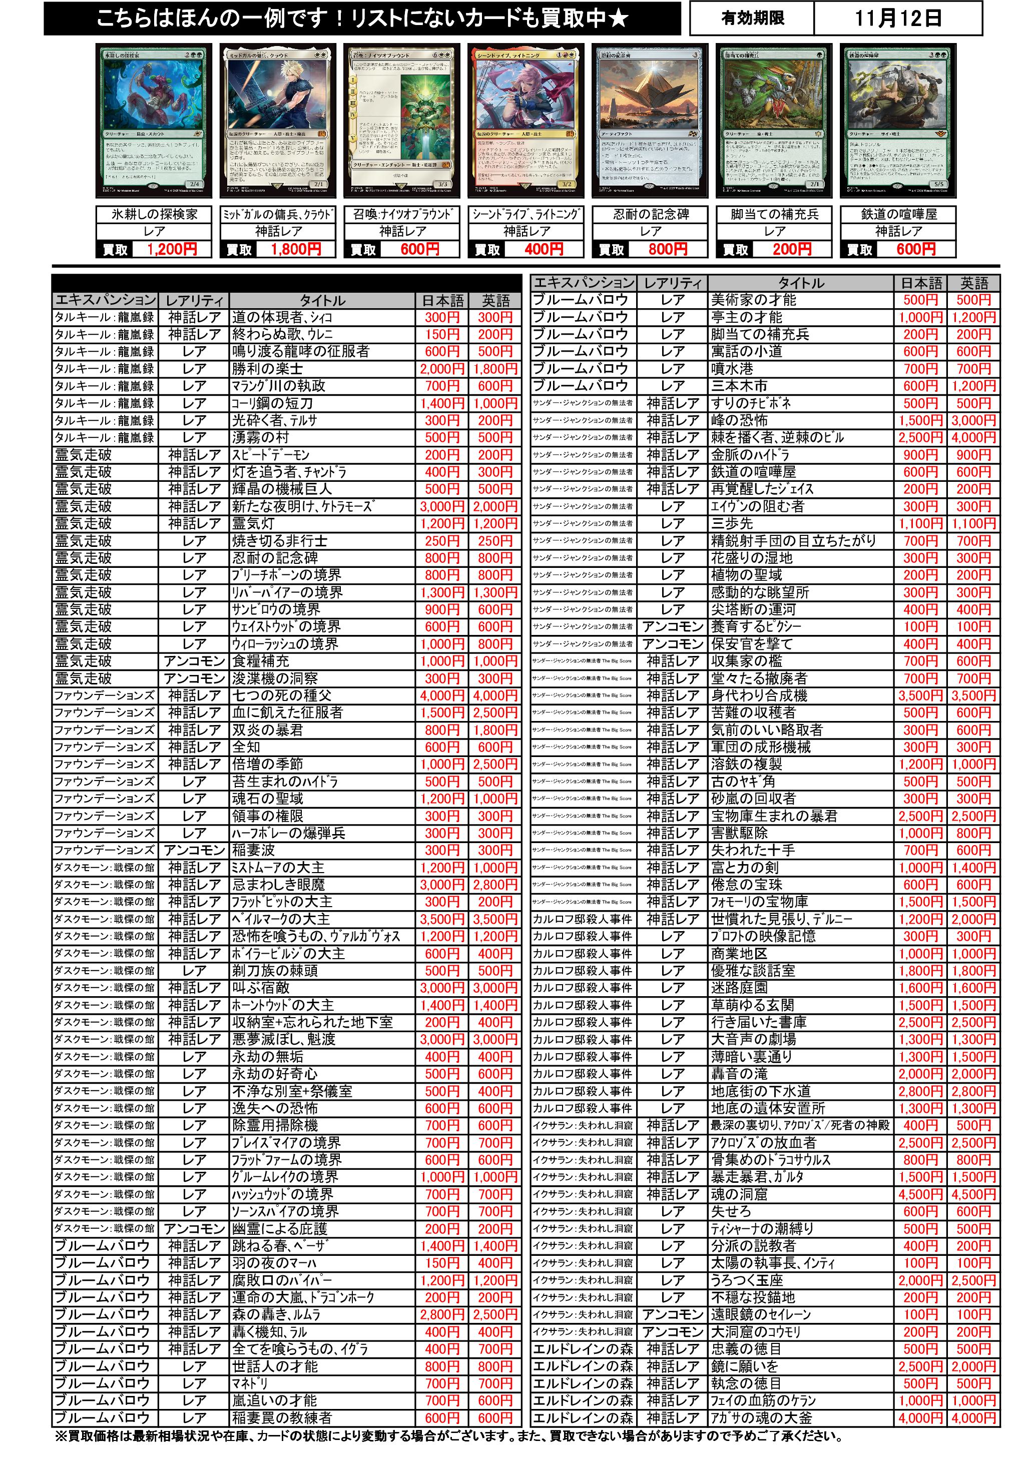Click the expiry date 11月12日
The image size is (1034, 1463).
[x=897, y=19]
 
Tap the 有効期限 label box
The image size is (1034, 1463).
[x=752, y=19]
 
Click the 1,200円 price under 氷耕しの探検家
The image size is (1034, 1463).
[x=172, y=249]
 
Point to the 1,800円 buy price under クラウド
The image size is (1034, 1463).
[x=295, y=249]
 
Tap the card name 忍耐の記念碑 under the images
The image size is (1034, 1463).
[x=650, y=214]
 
